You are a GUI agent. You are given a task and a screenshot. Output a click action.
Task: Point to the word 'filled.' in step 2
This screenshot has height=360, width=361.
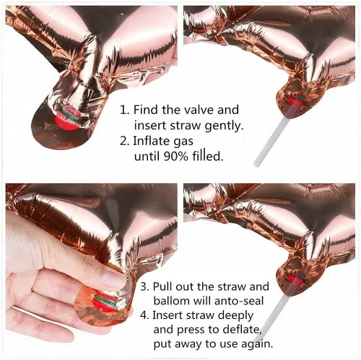(208, 157)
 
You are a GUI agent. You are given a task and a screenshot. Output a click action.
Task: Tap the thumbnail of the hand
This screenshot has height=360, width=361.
(113, 278)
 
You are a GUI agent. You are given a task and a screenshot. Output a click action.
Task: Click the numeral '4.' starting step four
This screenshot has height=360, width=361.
(145, 315)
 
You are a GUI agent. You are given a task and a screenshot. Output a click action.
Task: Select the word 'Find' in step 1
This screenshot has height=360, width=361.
(146, 110)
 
